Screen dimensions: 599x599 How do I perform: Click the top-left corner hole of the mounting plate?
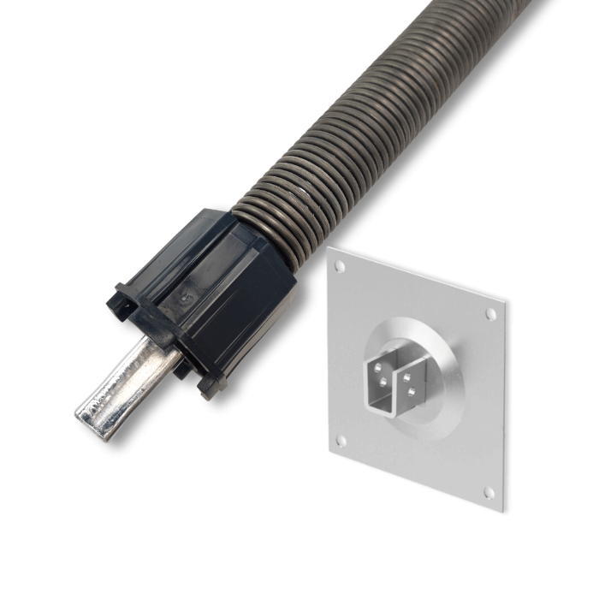(340, 266)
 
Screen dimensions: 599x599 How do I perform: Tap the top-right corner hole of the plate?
(490, 314)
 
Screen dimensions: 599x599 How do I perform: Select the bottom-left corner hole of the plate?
(341, 441)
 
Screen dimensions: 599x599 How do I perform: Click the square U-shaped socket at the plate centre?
(394, 377)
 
